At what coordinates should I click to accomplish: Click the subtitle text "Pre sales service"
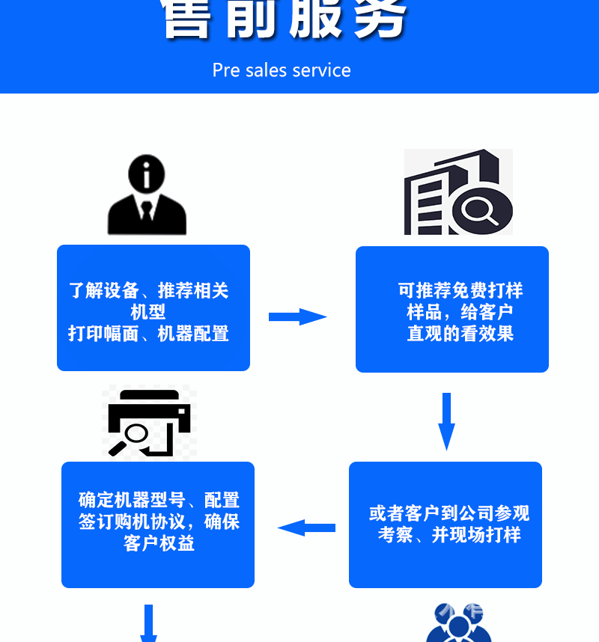click(282, 70)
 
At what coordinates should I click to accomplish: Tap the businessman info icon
click(147, 196)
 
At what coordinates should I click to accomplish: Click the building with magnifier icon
click(458, 192)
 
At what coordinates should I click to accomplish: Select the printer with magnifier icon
click(150, 422)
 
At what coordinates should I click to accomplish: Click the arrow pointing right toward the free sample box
click(297, 317)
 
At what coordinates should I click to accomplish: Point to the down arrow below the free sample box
click(446, 421)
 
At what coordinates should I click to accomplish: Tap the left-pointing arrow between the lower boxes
click(306, 528)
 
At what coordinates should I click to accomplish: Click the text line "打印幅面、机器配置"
click(148, 334)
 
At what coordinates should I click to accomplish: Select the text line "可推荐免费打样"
click(460, 290)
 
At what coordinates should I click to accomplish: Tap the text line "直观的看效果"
click(460, 334)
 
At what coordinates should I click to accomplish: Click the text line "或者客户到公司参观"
click(449, 513)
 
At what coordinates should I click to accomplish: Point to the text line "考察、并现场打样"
click(449, 535)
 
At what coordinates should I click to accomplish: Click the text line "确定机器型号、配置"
click(159, 500)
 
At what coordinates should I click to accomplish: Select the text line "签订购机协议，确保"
click(159, 522)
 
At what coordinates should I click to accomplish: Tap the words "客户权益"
click(159, 544)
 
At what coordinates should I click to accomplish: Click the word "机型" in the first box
click(148, 312)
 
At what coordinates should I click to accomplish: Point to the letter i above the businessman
click(147, 174)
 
